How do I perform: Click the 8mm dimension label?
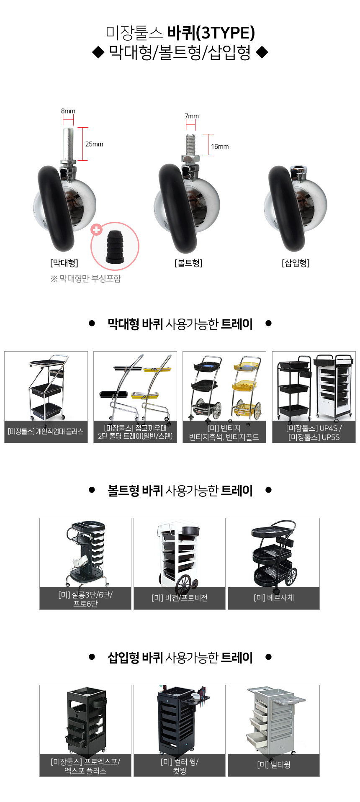coord(68,111)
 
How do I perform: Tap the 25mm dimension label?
coord(94,144)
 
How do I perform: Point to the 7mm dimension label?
coord(192,116)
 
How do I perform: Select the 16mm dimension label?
coord(220,147)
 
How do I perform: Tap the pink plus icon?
coord(97,229)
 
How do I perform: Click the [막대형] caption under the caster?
coord(64,263)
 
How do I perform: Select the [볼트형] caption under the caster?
coord(188,263)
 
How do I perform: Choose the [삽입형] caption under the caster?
coord(296,263)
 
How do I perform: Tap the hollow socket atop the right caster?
coord(298,170)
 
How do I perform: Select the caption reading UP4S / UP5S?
coord(314,432)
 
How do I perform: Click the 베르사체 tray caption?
coord(274,598)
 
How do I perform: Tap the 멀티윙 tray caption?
coord(274,765)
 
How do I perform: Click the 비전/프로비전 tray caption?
coord(180,598)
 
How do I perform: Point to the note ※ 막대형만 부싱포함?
coord(86,279)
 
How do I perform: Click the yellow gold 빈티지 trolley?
coord(247,387)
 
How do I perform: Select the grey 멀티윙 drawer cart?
coord(274,719)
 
